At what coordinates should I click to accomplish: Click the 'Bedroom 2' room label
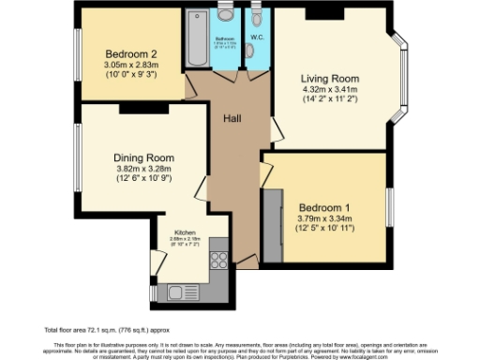tap(130, 52)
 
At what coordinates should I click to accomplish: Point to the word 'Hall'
tap(232, 119)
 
